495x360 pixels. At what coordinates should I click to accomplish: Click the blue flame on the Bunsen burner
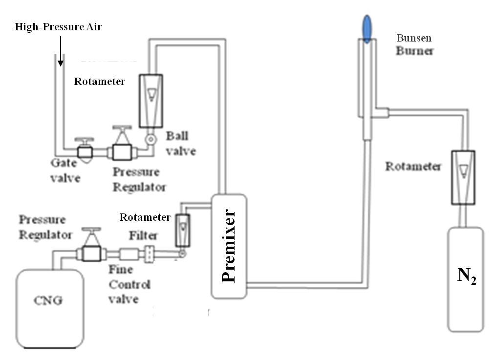click(367, 28)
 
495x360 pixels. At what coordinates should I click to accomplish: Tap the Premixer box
click(229, 246)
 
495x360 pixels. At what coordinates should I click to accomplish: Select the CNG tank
click(50, 309)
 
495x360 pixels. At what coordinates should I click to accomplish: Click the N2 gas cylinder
click(466, 279)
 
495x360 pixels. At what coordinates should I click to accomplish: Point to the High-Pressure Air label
click(58, 27)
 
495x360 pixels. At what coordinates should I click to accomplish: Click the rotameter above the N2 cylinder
click(463, 177)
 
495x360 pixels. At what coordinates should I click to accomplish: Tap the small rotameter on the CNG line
click(182, 231)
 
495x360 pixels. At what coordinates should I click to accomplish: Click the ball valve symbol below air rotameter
click(151, 139)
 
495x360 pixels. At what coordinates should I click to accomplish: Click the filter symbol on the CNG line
click(149, 254)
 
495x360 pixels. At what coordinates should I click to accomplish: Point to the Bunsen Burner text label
click(415, 44)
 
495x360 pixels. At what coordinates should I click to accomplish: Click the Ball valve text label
click(181, 144)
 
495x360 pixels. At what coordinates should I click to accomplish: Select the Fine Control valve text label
click(129, 284)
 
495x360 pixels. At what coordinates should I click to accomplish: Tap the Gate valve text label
click(65, 170)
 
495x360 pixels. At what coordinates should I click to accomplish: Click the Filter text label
click(143, 235)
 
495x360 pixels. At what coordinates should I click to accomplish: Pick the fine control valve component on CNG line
click(129, 254)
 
